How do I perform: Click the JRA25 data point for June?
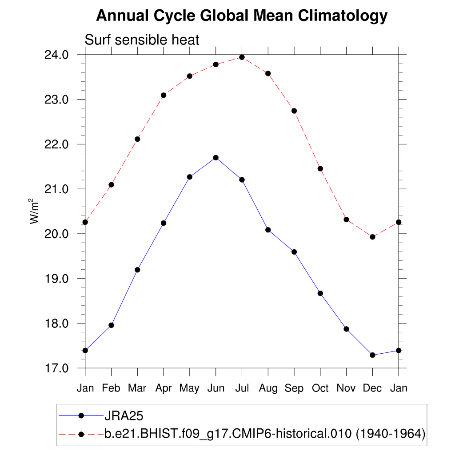216,157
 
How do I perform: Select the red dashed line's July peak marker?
242,57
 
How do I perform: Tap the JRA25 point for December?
372,355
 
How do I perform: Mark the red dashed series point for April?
164,95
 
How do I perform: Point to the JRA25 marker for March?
137,270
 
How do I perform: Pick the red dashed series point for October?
320,168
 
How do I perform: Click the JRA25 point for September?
294,252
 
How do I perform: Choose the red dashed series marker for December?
372,237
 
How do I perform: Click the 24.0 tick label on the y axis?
57,55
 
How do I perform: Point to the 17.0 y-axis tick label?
57,368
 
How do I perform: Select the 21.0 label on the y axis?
57,189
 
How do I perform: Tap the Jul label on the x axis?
242,388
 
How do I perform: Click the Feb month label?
111,388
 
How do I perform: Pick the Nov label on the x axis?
346,388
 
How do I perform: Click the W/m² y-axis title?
35,212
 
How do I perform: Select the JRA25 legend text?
124,415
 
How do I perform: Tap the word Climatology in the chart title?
343,16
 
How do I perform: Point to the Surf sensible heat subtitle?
142,40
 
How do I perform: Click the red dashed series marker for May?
190,76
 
